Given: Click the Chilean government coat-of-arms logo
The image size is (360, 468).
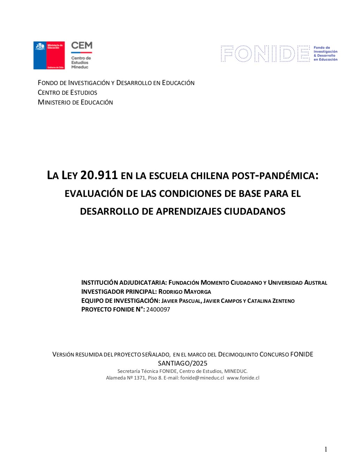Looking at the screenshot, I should (49, 55).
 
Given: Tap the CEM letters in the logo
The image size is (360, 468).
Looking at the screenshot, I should (82, 46).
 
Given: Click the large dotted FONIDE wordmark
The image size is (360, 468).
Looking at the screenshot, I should (265, 54).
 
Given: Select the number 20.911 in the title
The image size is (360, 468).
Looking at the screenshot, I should (99, 175).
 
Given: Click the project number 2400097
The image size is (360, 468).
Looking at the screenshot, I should (158, 309).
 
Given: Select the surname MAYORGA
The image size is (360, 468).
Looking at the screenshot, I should (197, 292).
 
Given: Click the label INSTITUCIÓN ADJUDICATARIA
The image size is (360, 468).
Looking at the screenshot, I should (124, 283).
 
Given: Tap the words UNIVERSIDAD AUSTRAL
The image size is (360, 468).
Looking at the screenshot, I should (298, 283).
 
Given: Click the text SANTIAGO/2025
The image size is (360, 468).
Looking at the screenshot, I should (182, 363).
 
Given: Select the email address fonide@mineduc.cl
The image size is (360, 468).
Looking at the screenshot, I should (202, 378).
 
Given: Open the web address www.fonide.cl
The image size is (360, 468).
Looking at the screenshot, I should (243, 378).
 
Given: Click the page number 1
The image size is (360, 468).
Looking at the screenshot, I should (326, 450).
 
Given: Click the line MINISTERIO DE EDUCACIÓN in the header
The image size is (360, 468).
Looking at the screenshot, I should (75, 102).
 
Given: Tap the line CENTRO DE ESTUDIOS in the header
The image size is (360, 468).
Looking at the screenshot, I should (67, 93).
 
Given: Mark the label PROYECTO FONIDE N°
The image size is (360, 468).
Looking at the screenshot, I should (113, 309).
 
